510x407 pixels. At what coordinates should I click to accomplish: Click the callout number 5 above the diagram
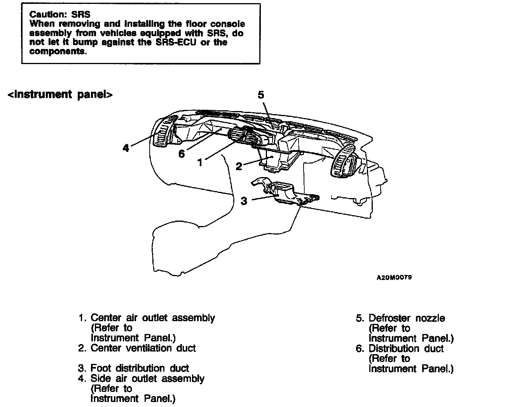[x=261, y=95]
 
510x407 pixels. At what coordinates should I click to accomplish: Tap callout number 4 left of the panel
[x=126, y=148]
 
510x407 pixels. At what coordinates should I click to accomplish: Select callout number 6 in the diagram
[x=182, y=153]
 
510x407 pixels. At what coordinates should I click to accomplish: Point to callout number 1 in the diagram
[x=200, y=162]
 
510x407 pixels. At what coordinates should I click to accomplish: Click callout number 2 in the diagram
[x=239, y=167]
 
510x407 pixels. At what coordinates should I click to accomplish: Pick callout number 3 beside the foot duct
[x=244, y=201]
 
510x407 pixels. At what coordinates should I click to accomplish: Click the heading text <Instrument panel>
[x=60, y=94]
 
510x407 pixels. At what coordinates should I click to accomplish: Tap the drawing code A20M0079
[x=394, y=278]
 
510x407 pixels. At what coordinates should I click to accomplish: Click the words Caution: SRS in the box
[x=60, y=14]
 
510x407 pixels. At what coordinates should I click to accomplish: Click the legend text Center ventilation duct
[x=143, y=348]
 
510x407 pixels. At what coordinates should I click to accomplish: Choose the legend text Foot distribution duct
[x=140, y=368]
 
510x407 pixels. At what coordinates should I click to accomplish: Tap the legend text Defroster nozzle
[x=407, y=318]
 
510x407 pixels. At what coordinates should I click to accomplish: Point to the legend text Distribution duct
[x=406, y=348]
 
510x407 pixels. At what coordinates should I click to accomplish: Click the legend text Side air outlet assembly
[x=147, y=378]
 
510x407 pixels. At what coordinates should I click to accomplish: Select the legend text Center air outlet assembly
[x=152, y=318]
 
